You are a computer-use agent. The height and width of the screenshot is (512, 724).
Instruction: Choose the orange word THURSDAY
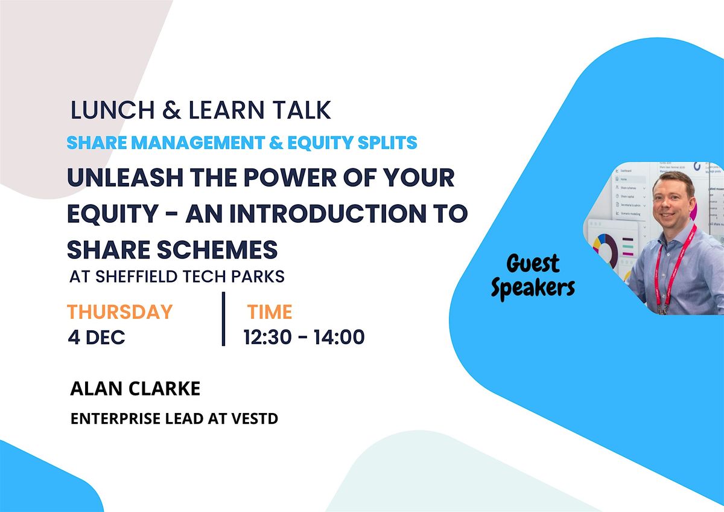click(x=119, y=312)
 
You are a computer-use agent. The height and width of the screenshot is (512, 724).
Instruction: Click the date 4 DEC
click(x=97, y=337)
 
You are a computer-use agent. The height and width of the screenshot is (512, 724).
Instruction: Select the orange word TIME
click(x=269, y=312)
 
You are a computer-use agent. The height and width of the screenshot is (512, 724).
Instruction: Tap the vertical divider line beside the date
click(x=223, y=319)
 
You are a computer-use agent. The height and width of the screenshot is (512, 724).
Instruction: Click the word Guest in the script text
click(x=533, y=264)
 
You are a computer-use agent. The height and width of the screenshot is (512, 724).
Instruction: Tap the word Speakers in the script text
click(x=532, y=288)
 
